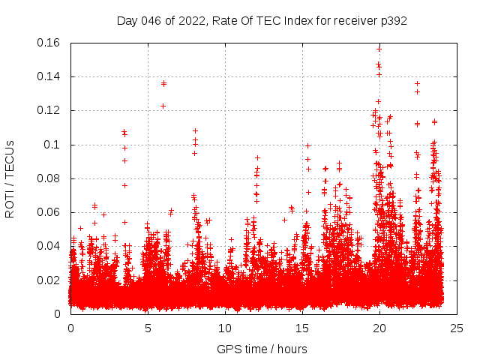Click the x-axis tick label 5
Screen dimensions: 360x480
pos(148,328)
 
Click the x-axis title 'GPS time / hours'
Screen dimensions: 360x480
pos(262,349)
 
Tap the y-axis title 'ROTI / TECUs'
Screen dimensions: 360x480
pos(10,178)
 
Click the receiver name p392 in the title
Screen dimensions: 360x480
pos(393,21)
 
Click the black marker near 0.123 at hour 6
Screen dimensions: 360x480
pos(163,106)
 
